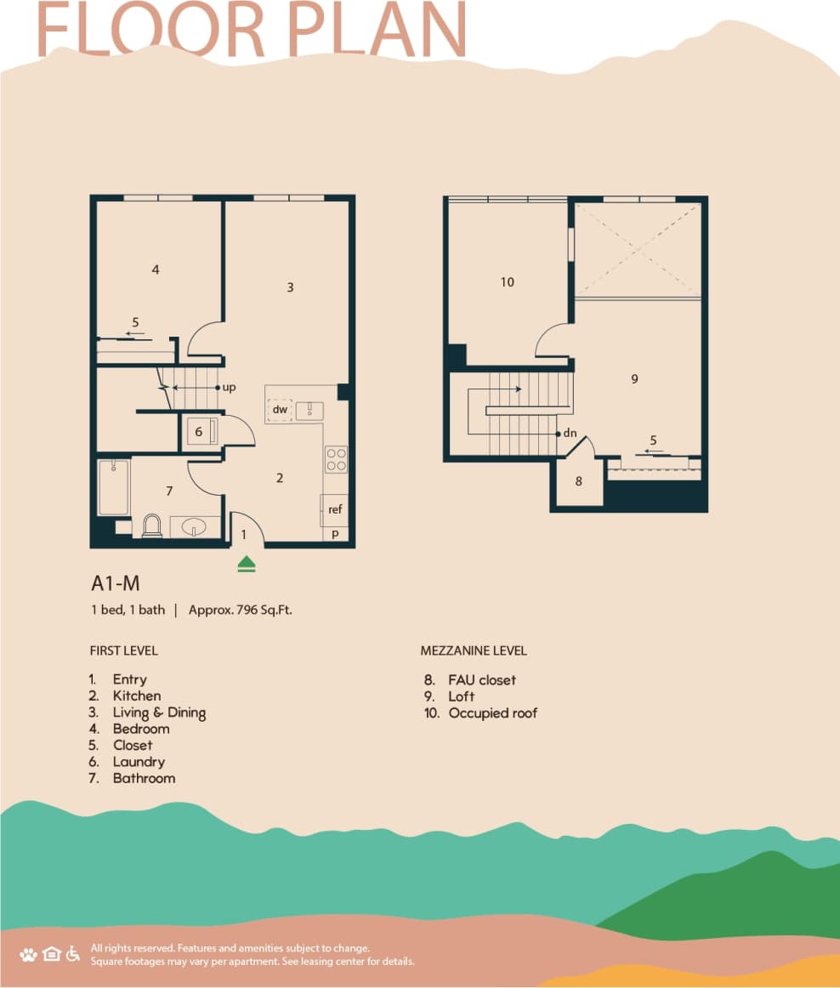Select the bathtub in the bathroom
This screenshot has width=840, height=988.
coord(113,488)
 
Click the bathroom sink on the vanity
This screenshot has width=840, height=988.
coord(195,527)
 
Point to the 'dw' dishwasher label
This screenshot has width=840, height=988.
coord(280,410)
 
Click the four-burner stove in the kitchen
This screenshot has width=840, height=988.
coord(336,460)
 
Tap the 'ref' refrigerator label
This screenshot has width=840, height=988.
coord(335,510)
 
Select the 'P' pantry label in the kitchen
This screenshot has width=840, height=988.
coord(335,534)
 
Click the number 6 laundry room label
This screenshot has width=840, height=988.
coord(199,432)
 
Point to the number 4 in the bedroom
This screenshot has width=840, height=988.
coord(156,270)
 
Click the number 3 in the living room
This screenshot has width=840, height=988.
coord(290,287)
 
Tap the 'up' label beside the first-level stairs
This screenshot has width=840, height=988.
coord(229,387)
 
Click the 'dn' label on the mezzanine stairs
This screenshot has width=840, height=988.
coord(570,433)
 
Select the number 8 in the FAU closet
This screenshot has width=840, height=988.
coord(579,481)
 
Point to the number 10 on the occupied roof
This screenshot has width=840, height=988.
coord(508,282)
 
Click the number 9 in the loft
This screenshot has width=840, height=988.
coord(634,378)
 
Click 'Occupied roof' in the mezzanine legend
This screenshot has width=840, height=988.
coord(493,713)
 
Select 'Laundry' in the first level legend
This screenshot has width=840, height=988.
coord(139,762)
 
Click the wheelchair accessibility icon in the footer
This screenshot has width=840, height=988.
coord(73,953)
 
